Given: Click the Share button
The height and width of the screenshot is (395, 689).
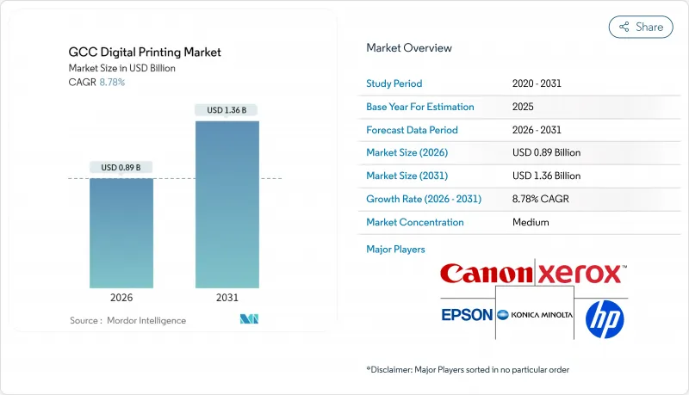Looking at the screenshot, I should click(641, 27).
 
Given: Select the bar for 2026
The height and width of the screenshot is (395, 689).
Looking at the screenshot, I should click(121, 232).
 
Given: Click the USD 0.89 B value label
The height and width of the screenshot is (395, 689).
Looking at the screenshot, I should click(121, 167).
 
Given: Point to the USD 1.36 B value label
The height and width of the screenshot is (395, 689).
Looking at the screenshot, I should click(227, 110).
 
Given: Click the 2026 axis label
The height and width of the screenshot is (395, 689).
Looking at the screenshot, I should click(121, 298).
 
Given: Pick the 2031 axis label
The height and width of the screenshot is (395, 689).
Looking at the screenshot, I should click(227, 298).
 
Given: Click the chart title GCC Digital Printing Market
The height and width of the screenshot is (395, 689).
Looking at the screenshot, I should click(145, 52).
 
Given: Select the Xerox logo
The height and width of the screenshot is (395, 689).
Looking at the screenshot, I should click(580, 275).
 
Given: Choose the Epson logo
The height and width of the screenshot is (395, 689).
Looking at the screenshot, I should click(467, 315).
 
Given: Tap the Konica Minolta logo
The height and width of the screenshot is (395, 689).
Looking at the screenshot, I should click(535, 315).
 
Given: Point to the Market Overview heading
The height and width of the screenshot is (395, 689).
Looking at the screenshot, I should click(409, 48).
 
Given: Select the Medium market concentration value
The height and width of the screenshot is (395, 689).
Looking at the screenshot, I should click(531, 222).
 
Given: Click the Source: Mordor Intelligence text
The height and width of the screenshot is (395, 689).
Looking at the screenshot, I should click(127, 320).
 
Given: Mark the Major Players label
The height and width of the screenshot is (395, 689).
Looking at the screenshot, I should click(396, 250).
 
